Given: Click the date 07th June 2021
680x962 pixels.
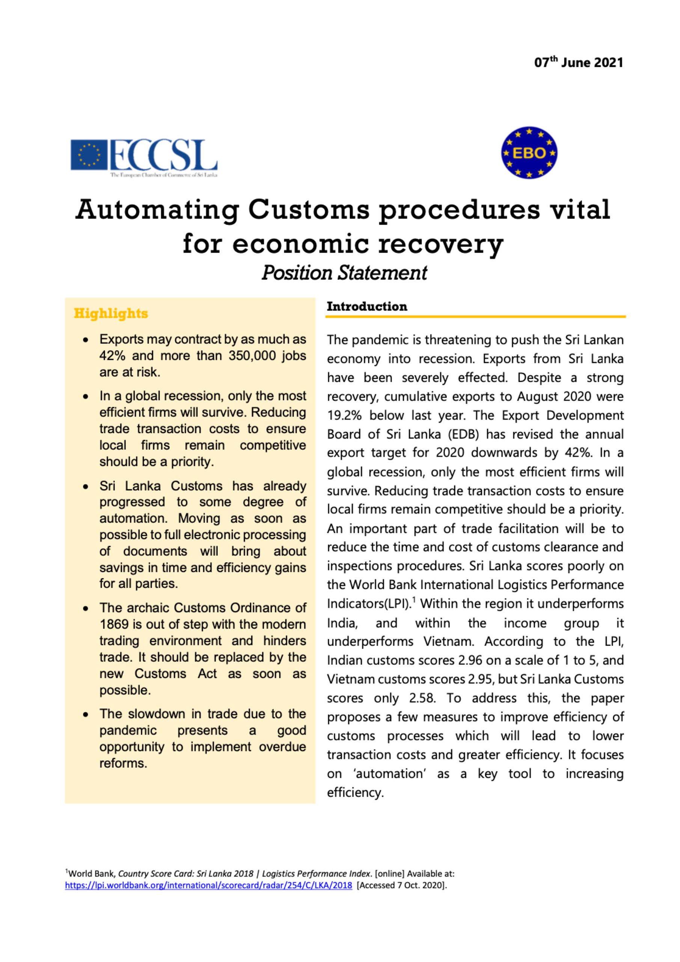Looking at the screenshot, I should click(578, 63).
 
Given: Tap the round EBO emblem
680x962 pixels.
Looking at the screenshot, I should click(529, 153).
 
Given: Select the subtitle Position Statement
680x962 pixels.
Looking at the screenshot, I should click(344, 273).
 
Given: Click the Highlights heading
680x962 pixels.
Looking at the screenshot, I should click(111, 313).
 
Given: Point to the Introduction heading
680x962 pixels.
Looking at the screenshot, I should click(367, 306).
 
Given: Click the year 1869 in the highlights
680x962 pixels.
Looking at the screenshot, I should click(113, 624).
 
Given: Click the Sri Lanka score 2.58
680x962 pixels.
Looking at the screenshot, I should click(422, 698).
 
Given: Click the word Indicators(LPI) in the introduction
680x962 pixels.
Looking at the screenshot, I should click(367, 604).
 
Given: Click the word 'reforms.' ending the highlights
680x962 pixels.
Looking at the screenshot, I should click(123, 763).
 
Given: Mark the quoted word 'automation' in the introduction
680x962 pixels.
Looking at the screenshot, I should click(388, 773).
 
